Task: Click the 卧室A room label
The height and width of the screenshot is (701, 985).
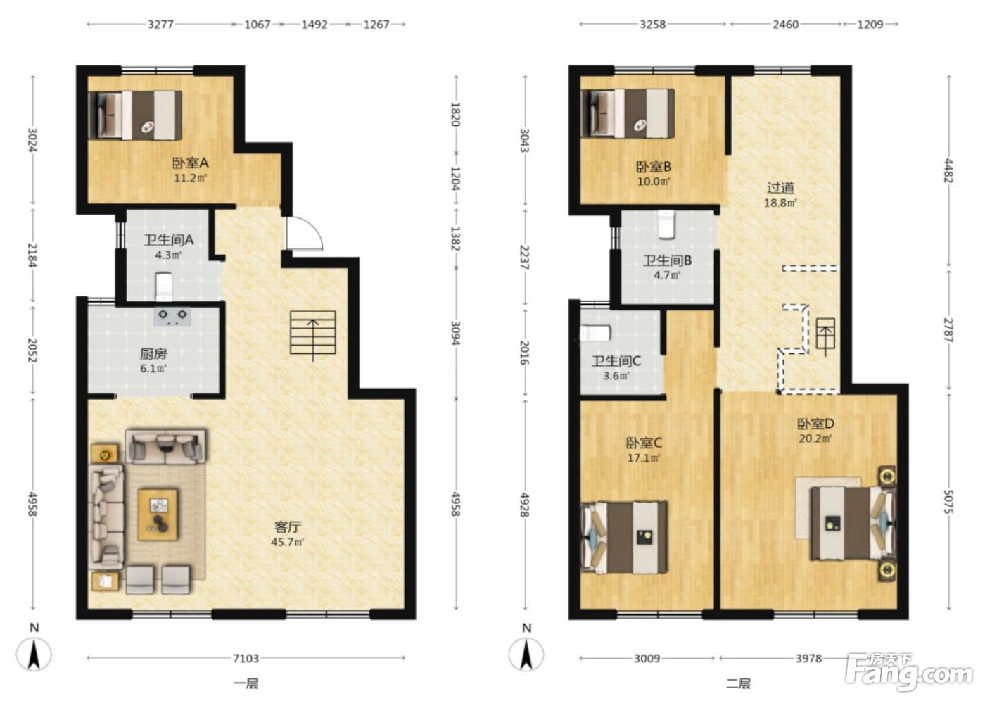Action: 190,163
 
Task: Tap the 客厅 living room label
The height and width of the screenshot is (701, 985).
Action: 288,526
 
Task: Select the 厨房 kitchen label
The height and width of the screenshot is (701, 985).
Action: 153,354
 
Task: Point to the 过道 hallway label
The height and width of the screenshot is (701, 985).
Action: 780,188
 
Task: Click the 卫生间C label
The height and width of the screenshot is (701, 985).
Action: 616,361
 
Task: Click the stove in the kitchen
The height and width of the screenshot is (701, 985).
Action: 172,316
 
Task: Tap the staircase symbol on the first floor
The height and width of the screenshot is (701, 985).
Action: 312,333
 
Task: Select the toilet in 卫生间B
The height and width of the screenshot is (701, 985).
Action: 666,225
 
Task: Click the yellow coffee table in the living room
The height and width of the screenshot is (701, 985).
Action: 158,514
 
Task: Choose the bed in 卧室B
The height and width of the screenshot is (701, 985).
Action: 628,114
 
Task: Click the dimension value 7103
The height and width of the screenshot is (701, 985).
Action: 246,658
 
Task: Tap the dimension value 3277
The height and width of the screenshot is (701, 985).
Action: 160,24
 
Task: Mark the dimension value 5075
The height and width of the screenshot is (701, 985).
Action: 948,502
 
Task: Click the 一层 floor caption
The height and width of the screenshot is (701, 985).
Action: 246,684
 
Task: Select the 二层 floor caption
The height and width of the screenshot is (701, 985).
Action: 738,684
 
